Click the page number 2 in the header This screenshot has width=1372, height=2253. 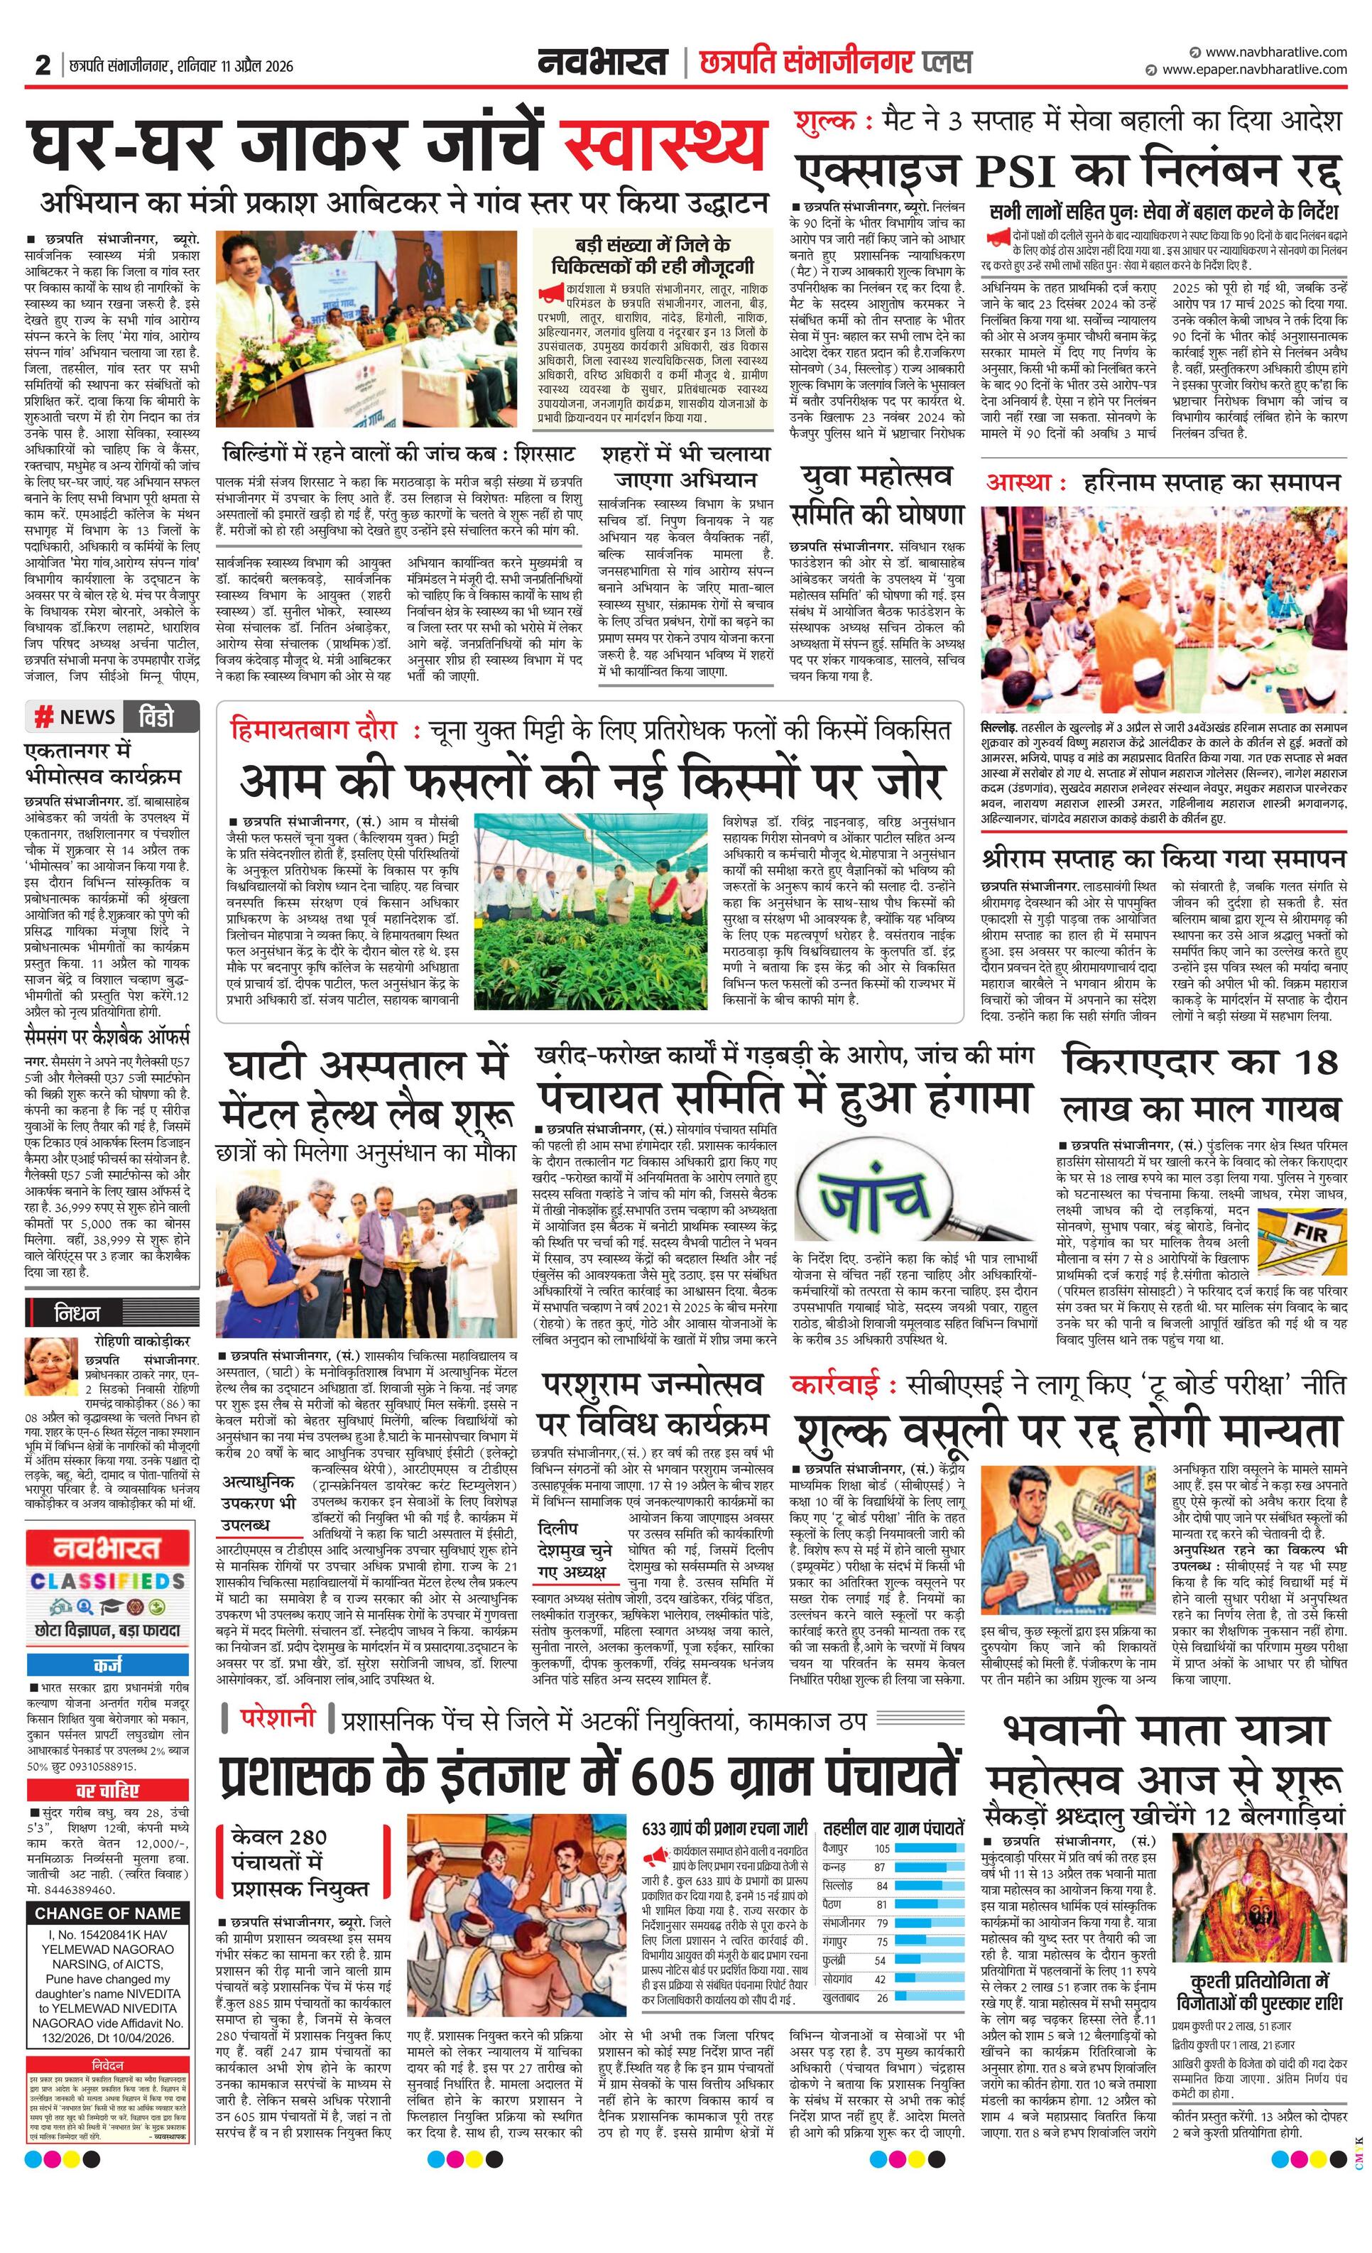42,66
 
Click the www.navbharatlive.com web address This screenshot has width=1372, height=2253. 1275,52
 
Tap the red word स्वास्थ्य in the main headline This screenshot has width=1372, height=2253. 663,143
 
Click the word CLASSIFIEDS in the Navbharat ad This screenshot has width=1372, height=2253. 108,1581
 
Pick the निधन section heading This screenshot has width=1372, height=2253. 77,1314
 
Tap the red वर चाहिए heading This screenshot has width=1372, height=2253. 107,1789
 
